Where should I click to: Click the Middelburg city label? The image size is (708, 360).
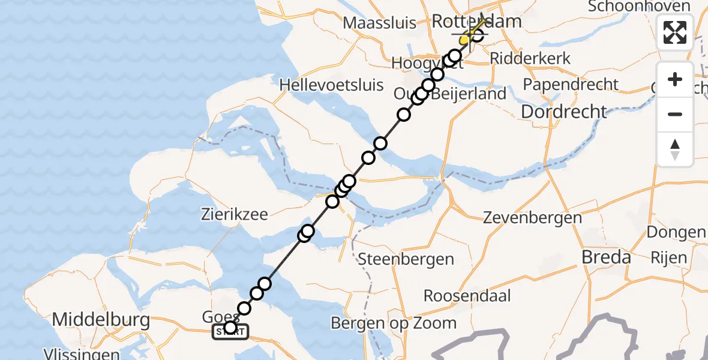pyautogui.click(x=101, y=320)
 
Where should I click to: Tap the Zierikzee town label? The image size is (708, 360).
pyautogui.click(x=234, y=214)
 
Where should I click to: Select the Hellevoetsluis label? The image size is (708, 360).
pyautogui.click(x=331, y=84)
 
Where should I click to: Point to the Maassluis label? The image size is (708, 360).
pyautogui.click(x=380, y=23)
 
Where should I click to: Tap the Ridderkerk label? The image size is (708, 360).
pyautogui.click(x=530, y=59)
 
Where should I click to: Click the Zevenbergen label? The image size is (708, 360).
pyautogui.click(x=532, y=217)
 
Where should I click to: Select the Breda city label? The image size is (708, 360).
pyautogui.click(x=607, y=257)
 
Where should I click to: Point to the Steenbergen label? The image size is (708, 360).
pyautogui.click(x=406, y=260)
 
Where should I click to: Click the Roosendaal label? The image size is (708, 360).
pyautogui.click(x=467, y=295)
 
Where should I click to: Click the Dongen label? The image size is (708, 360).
pyautogui.click(x=676, y=232)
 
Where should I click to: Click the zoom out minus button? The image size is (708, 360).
pyautogui.click(x=675, y=114)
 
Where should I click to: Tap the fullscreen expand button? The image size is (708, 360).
pyautogui.click(x=675, y=32)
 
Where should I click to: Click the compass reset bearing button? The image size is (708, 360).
pyautogui.click(x=675, y=149)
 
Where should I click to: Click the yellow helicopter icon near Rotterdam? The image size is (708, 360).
pyautogui.click(x=470, y=33)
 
